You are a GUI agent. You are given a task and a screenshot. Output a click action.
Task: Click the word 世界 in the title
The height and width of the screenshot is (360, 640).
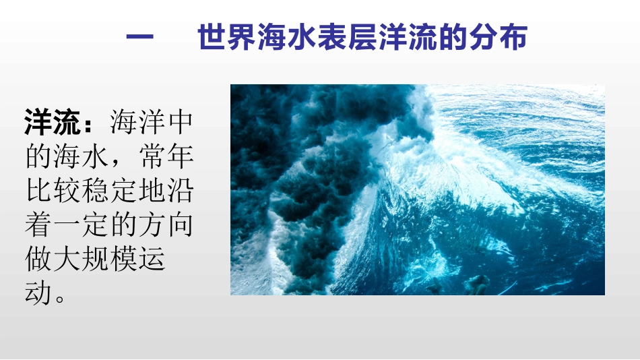[227, 39]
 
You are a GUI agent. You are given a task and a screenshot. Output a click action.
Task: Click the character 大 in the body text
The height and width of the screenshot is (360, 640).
[76, 261]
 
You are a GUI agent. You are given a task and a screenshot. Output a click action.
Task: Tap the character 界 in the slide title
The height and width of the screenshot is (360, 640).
[242, 39]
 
